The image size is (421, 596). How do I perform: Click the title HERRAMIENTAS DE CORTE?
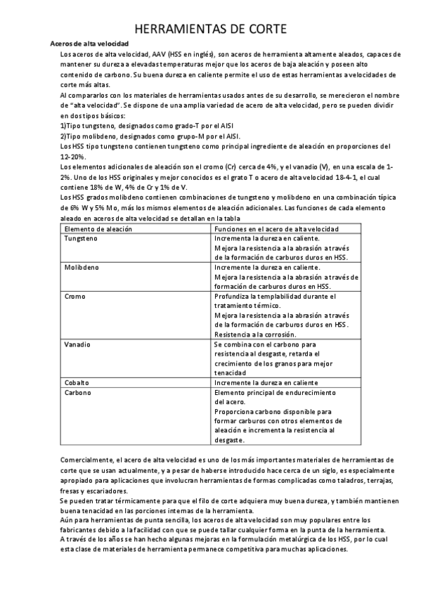(210, 28)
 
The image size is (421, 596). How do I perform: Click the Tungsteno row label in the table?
(82, 238)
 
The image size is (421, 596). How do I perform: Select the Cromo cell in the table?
(75, 297)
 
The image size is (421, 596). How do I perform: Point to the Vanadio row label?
(77, 344)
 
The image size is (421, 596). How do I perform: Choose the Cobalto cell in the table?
(77, 382)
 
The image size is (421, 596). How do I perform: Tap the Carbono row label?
(78, 392)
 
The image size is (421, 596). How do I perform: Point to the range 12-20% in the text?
(74, 157)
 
